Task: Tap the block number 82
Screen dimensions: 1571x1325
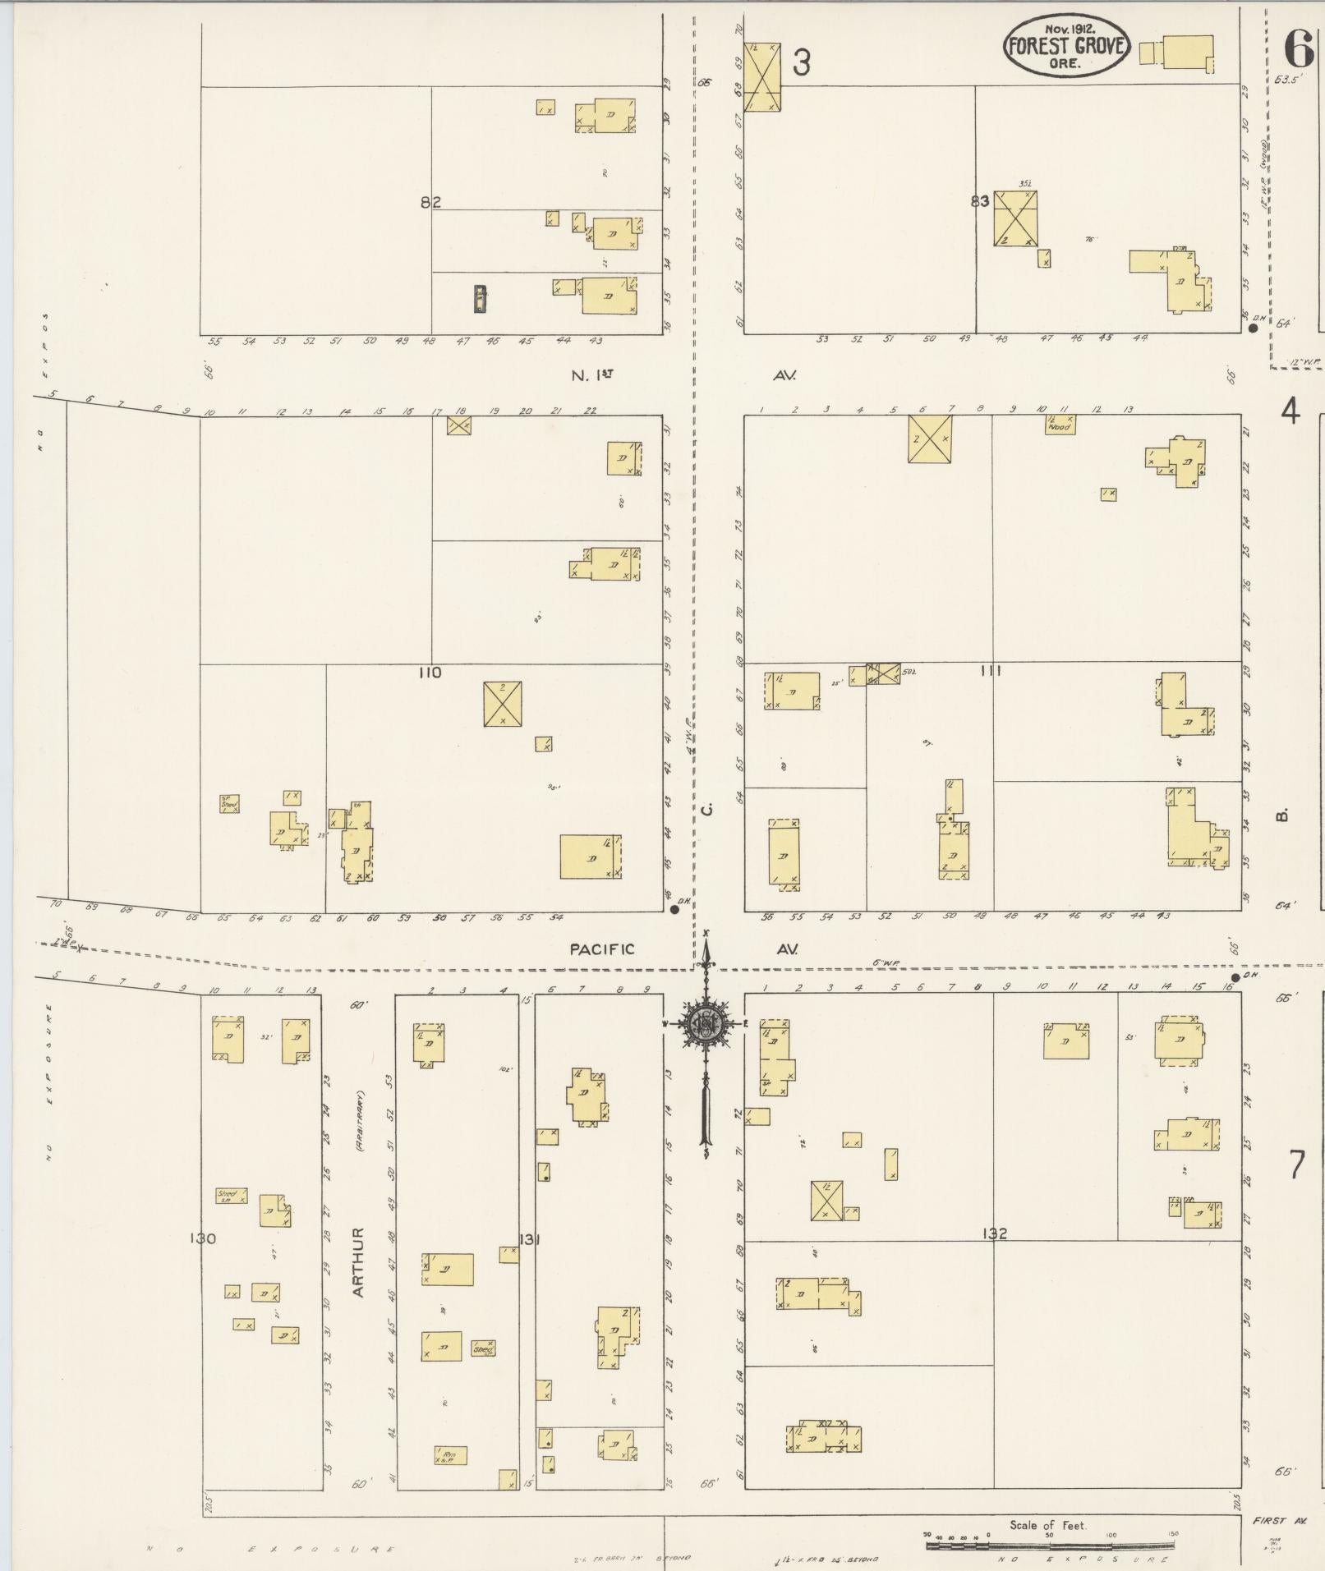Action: click(x=431, y=202)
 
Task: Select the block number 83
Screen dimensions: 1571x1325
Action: click(x=979, y=200)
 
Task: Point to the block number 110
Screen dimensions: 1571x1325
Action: click(x=430, y=673)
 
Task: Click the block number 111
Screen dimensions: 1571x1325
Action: click(x=991, y=671)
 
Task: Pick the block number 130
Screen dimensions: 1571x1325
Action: click(x=202, y=1238)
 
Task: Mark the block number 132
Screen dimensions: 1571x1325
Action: click(x=993, y=1233)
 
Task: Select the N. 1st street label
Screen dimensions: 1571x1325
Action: click(x=592, y=375)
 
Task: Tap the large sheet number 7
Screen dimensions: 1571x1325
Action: click(x=1296, y=1164)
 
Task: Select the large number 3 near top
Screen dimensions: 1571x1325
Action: click(x=801, y=62)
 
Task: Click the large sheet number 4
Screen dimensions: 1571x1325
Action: click(x=1290, y=411)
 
